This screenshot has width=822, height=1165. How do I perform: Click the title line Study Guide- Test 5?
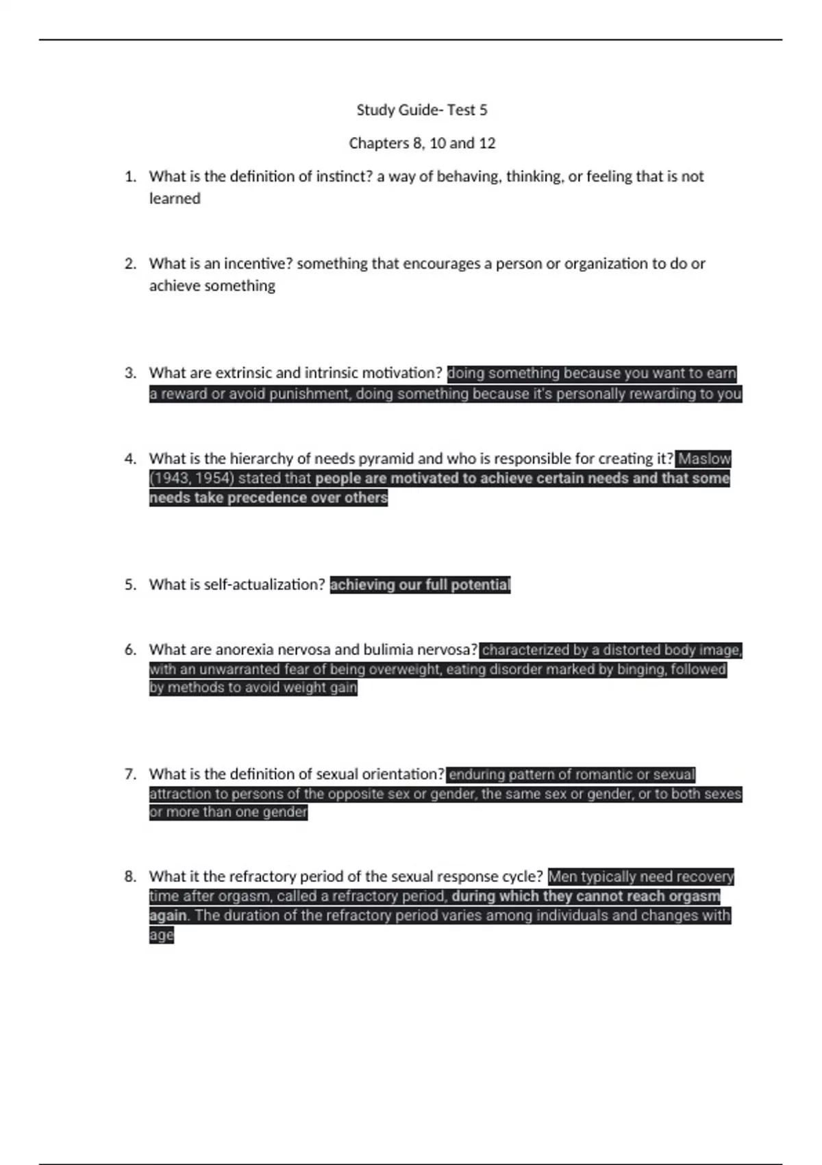coord(422,110)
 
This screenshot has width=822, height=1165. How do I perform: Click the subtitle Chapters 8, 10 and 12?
coord(422,143)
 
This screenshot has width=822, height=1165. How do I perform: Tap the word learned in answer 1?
coord(175,199)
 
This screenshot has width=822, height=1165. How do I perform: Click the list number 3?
coord(130,373)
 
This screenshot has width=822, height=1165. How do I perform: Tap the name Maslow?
coord(704,458)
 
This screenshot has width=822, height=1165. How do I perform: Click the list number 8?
coord(130,876)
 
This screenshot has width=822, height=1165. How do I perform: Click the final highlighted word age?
coord(162,935)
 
